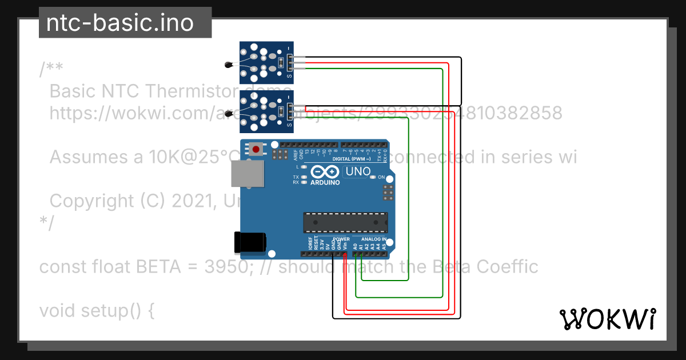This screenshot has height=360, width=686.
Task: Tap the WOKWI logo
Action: click(x=607, y=319)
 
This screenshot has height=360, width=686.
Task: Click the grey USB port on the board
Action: click(x=248, y=173)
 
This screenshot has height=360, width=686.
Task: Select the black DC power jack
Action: click(x=250, y=242)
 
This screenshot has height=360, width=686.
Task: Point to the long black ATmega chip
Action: click(x=345, y=222)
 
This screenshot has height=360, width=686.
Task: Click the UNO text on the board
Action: click(x=358, y=171)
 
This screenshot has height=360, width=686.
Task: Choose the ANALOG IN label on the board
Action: click(x=373, y=239)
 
